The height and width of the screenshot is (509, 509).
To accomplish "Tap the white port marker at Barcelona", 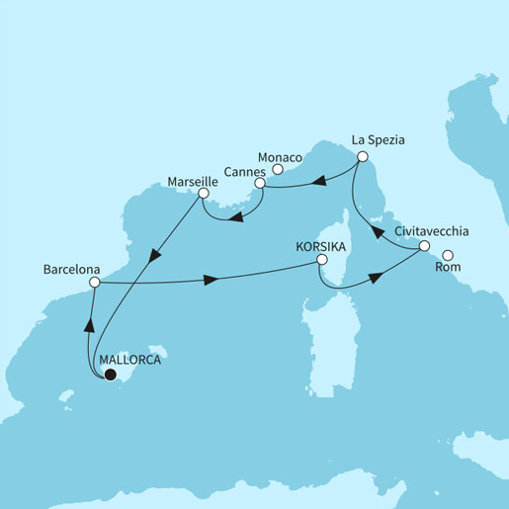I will pyautogui.click(x=95, y=283).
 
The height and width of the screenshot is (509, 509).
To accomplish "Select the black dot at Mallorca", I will pyautogui.click(x=111, y=375).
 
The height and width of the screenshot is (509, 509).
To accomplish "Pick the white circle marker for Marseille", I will pyautogui.click(x=203, y=194).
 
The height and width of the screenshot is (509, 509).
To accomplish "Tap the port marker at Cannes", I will pyautogui.click(x=259, y=183).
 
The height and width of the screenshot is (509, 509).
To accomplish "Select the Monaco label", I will pyautogui.click(x=280, y=155).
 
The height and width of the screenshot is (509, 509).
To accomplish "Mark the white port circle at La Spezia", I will pyautogui.click(x=363, y=157).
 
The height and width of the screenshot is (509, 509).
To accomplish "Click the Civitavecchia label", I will pyautogui.click(x=432, y=230).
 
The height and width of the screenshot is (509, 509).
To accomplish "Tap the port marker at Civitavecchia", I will pyautogui.click(x=424, y=245).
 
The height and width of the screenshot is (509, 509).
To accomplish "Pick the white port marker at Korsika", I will pyautogui.click(x=321, y=261).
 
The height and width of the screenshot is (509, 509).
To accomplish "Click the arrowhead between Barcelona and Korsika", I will pyautogui.click(x=211, y=283).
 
